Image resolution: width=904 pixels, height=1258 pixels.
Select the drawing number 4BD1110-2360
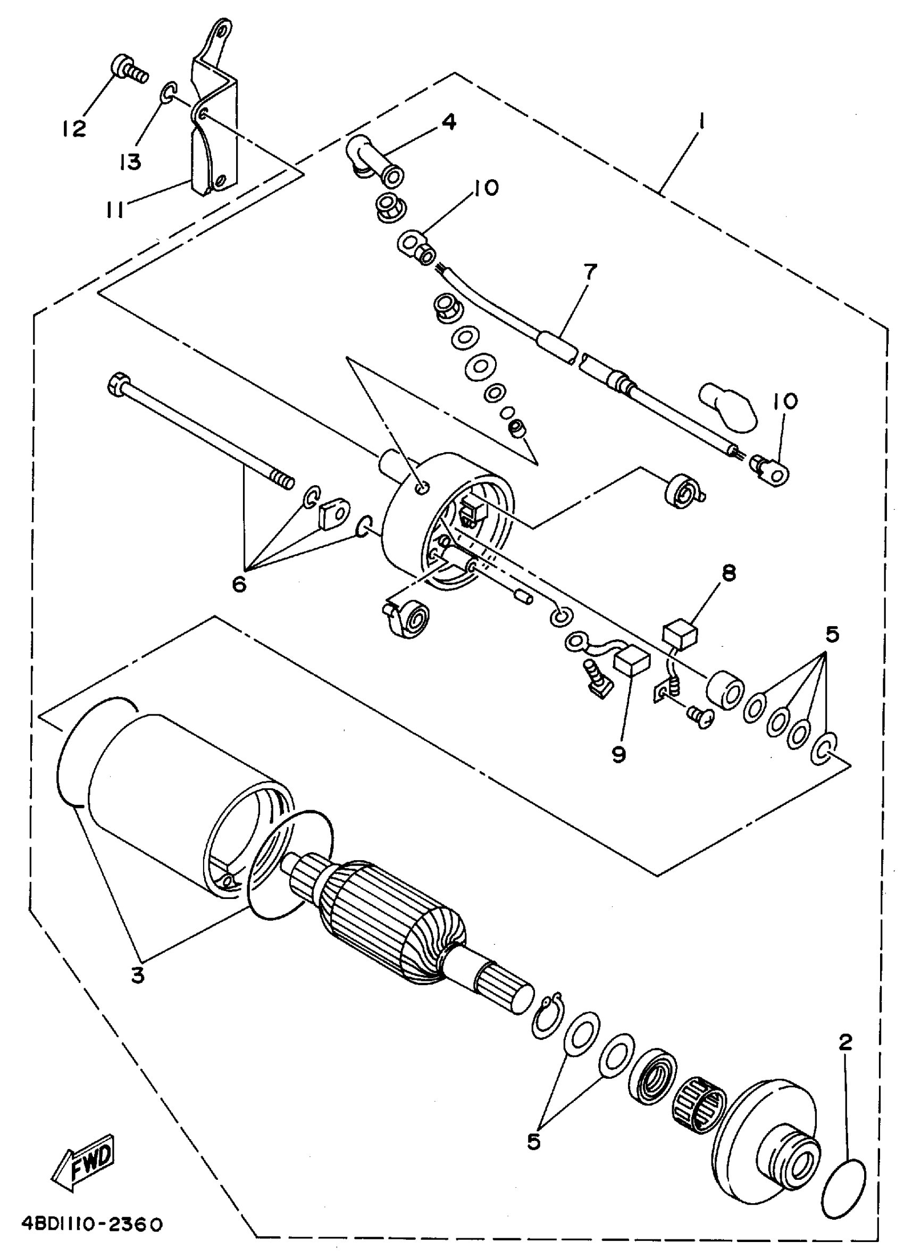pyautogui.click(x=92, y=1223)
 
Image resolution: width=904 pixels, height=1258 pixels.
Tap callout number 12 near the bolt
pyautogui.click(x=74, y=129)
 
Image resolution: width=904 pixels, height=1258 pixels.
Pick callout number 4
pyautogui.click(x=448, y=121)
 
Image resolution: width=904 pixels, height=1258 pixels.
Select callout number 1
pyautogui.click(x=701, y=121)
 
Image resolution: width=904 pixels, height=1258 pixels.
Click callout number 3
pyautogui.click(x=138, y=975)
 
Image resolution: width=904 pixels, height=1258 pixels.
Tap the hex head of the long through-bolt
pyautogui.click(x=118, y=384)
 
